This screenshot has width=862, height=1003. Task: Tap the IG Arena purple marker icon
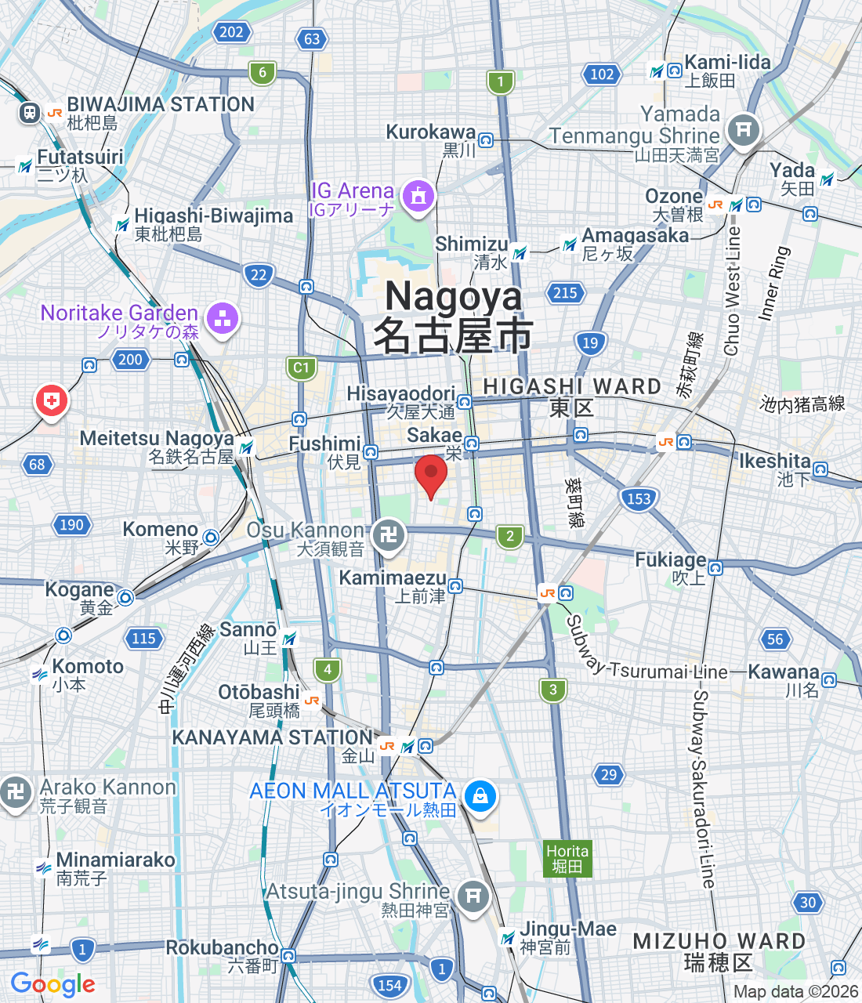pyautogui.click(x=418, y=196)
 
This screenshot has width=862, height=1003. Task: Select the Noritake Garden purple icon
pyautogui.click(x=223, y=318)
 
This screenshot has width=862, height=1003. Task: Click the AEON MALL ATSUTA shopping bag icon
pyautogui.click(x=480, y=796)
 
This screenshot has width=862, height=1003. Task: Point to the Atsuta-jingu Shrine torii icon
pyautogui.click(x=472, y=896)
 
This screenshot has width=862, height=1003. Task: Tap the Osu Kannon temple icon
pyautogui.click(x=389, y=535)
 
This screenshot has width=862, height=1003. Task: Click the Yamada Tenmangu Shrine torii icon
pyautogui.click(x=743, y=129)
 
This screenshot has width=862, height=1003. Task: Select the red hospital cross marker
pyautogui.click(x=52, y=401)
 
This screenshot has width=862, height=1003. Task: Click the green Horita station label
pyautogui.click(x=567, y=859)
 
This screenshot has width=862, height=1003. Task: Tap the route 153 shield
pyautogui.click(x=639, y=498)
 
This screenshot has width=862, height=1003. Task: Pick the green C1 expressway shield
pyautogui.click(x=301, y=368)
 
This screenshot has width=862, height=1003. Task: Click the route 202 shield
pyautogui.click(x=231, y=32)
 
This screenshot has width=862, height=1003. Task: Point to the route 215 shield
pyautogui.click(x=565, y=293)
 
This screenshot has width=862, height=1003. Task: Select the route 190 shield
pyautogui.click(x=71, y=524)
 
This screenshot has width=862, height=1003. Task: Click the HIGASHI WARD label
pyautogui.click(x=572, y=387)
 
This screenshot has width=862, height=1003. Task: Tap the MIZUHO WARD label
pyautogui.click(x=719, y=942)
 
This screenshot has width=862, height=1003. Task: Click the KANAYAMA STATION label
pyautogui.click(x=272, y=737)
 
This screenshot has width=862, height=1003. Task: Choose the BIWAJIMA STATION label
pyautogui.click(x=161, y=104)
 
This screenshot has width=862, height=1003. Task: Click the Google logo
pyautogui.click(x=53, y=984)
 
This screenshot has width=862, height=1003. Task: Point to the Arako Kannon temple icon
pyautogui.click(x=16, y=792)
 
